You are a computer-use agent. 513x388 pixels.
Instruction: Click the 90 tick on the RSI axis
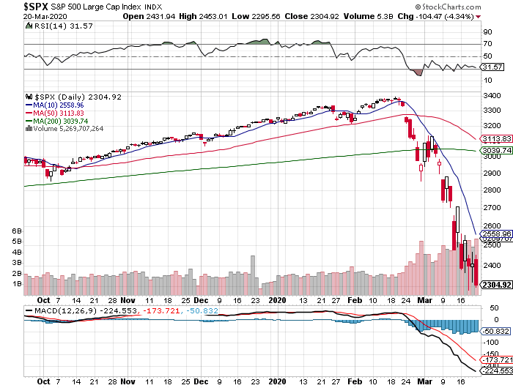click(486, 32)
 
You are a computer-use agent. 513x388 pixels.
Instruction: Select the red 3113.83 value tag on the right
click(494, 138)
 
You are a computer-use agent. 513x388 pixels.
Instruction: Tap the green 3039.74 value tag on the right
click(494, 151)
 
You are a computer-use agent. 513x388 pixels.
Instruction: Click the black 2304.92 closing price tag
click(494, 285)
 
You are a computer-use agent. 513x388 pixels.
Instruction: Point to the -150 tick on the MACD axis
click(489, 351)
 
